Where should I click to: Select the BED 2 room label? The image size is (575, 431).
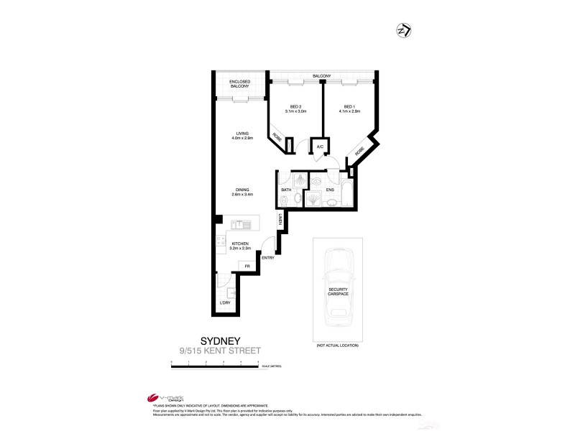point(295,109)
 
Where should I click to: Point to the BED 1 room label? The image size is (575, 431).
point(350,109)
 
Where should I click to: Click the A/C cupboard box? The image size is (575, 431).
point(320,146)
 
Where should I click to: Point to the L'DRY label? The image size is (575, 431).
point(226,303)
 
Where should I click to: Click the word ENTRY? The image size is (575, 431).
point(268,258)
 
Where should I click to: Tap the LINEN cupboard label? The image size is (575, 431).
point(280,220)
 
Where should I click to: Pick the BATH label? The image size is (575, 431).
point(285,190)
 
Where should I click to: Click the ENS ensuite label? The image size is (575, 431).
point(329,190)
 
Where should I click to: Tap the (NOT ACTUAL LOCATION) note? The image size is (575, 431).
point(337,346)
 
